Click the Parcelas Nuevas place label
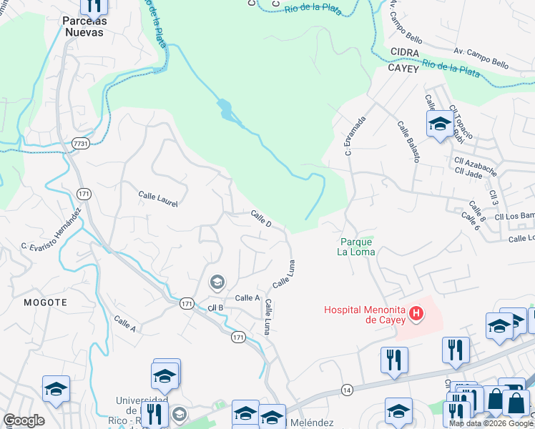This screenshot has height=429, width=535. pos(85,26)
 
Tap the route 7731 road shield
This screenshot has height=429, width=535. pos(81,144)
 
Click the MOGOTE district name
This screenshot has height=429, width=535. pos(45,302)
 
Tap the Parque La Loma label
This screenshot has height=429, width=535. pos(356,247)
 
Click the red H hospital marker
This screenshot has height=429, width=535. pos(415,313)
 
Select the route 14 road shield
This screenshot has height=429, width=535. pos(347,389)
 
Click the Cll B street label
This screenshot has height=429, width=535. pos(215,307)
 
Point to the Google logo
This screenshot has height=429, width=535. pos(23,420)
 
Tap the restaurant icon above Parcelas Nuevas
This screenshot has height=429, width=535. pos(94,6)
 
